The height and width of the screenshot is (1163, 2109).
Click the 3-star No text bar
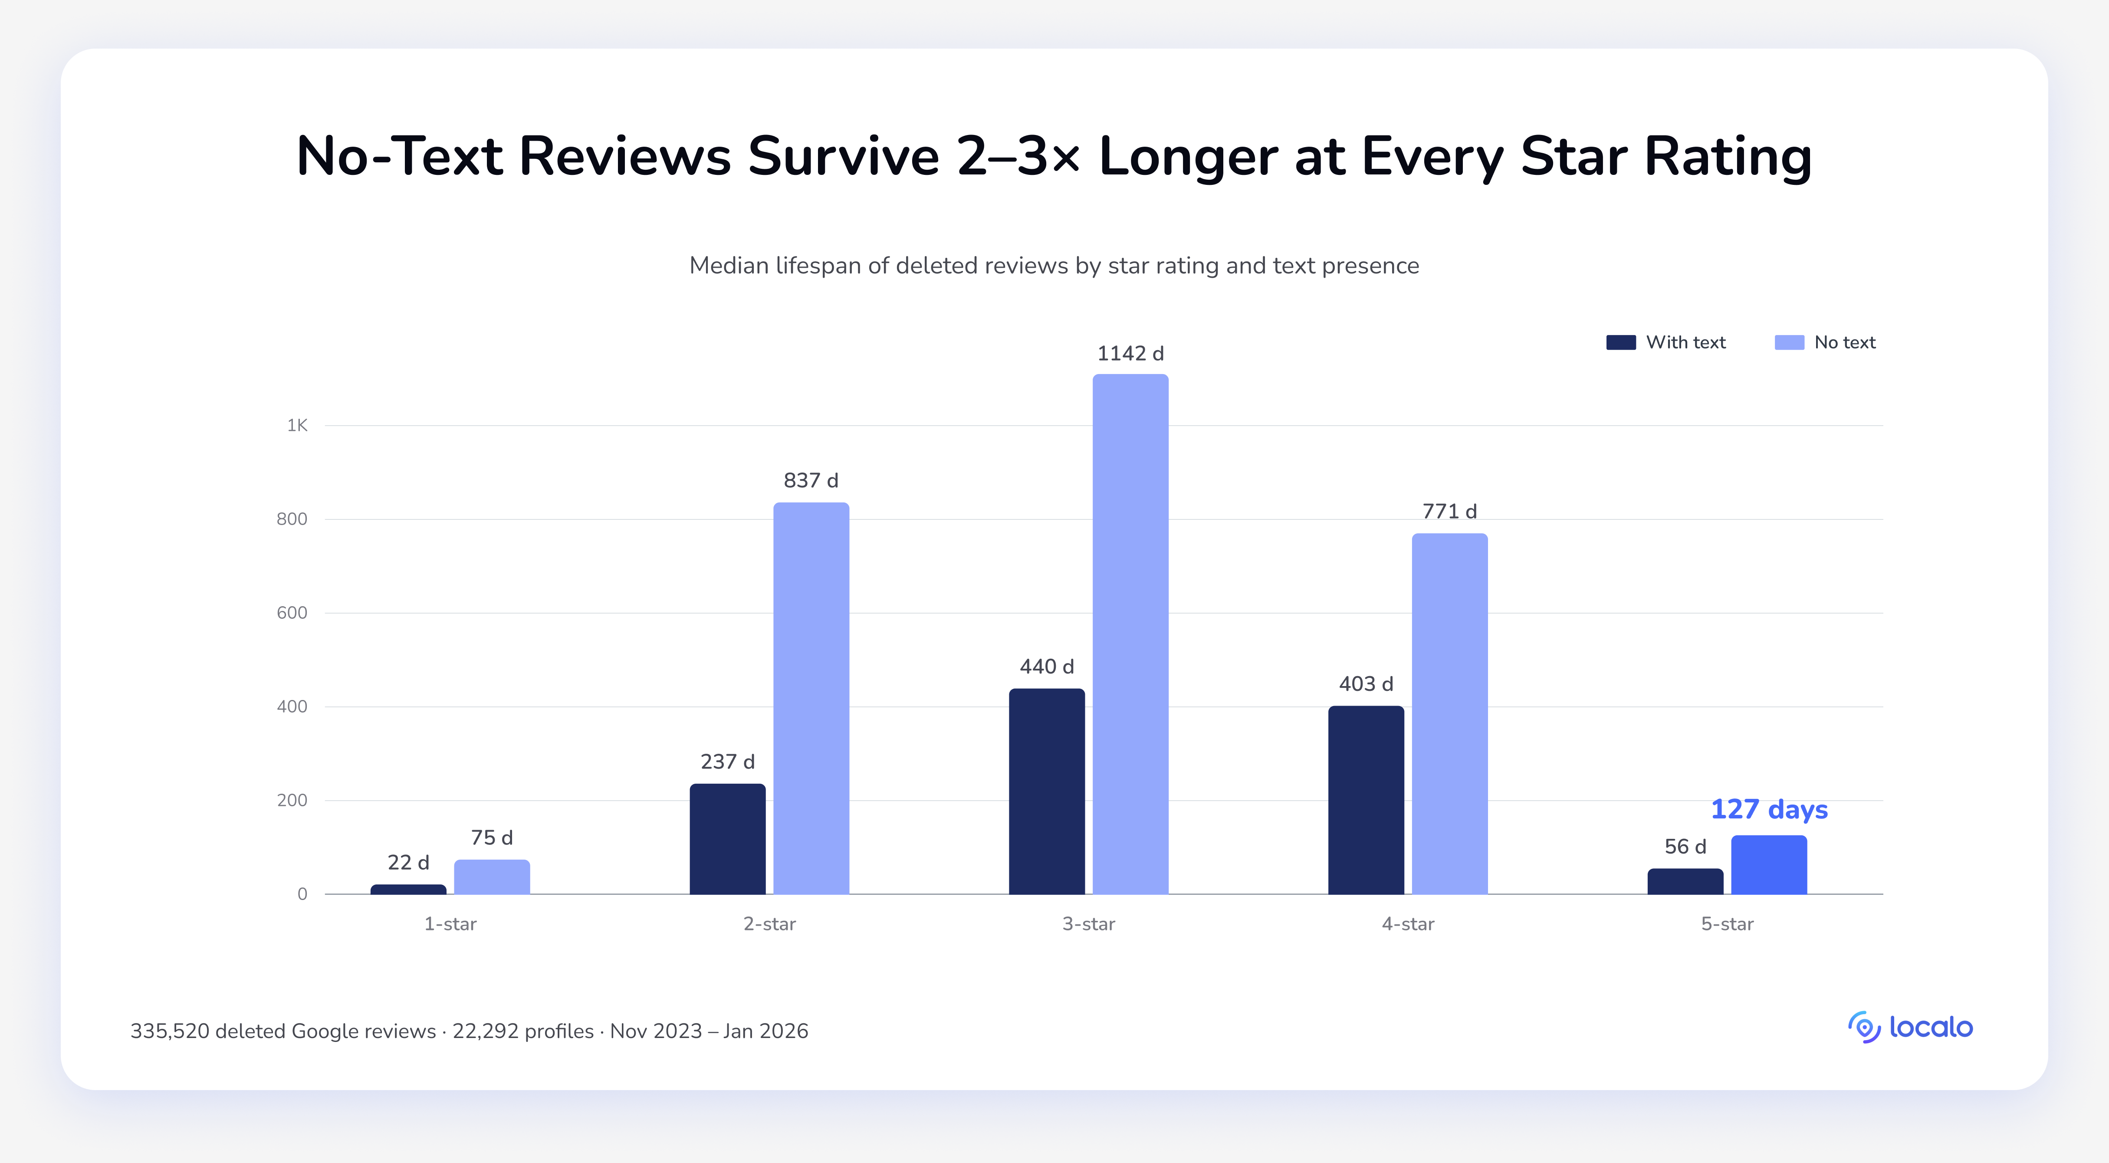point(1130,634)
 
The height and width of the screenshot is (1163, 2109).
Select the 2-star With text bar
point(728,839)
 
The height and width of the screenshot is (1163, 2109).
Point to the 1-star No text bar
point(492,877)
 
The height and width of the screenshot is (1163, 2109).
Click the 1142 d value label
point(1130,354)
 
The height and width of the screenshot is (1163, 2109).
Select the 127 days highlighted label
point(1769,809)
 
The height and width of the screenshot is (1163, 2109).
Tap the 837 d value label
point(811,480)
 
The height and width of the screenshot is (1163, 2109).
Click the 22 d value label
point(408,863)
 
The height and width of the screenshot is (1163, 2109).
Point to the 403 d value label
point(1366,684)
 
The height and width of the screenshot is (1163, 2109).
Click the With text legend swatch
point(1621,342)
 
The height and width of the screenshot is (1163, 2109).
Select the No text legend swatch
point(1790,342)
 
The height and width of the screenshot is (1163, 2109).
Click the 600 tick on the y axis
point(292,613)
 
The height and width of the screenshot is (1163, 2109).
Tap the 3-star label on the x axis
point(1089,924)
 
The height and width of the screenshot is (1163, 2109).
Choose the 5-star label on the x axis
point(1728,924)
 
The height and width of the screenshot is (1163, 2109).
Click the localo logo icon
point(1864,1027)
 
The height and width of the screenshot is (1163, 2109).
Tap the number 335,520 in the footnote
point(170,1031)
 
